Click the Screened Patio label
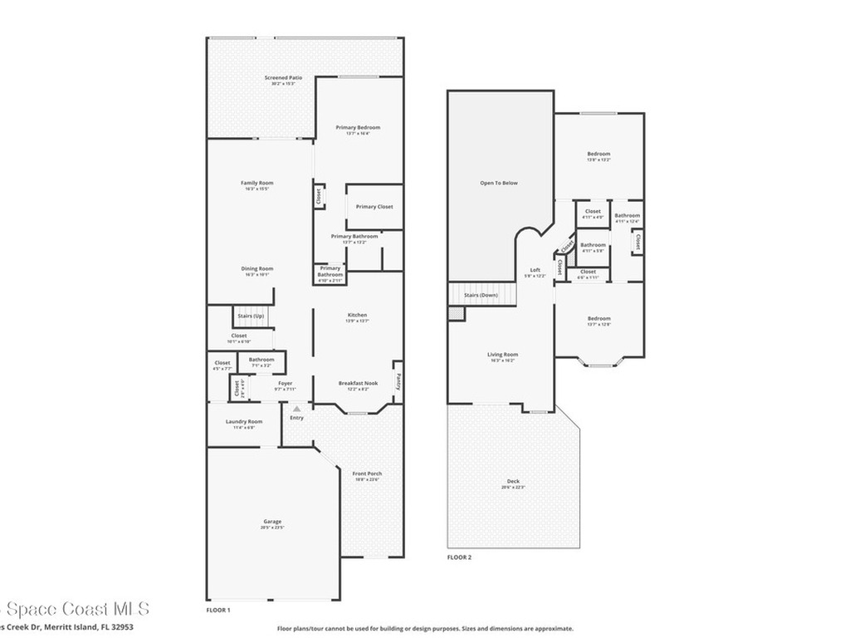coord(283,78)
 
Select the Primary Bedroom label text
coord(358,127)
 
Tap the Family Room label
coord(256,183)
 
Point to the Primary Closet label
coord(374,206)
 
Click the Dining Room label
coord(256,269)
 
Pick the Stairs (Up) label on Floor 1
coord(251,317)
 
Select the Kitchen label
coord(357,315)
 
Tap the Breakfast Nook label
coord(358,383)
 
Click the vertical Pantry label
coord(398,381)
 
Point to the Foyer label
coord(285,383)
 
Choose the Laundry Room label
coord(244,421)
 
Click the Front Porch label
coord(367,474)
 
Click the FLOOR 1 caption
coord(218,610)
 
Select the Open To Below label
coord(498,183)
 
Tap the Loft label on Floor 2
coord(536,270)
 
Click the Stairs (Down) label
coord(481,295)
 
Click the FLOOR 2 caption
coord(459,557)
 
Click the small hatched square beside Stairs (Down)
coord(457,313)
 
